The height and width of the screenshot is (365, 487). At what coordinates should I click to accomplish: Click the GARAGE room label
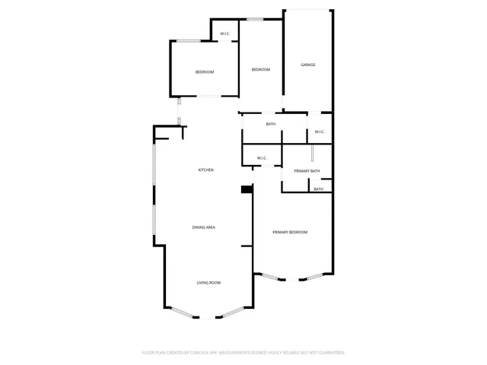click(307, 65)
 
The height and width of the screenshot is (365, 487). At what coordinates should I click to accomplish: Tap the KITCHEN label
click(205, 170)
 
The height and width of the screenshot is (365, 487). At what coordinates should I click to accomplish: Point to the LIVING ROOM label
click(208, 283)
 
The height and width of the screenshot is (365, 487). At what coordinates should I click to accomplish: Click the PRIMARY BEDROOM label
click(290, 232)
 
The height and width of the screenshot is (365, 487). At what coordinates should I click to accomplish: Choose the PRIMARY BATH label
click(307, 171)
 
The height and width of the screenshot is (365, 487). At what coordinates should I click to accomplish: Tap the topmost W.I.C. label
click(225, 33)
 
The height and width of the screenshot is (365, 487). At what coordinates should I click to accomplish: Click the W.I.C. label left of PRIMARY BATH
click(261, 158)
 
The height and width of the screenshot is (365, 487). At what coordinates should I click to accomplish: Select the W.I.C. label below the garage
click(319, 132)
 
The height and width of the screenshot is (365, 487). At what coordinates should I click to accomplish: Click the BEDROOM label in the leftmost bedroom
click(205, 72)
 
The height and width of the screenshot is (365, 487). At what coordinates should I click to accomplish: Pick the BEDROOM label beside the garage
click(261, 69)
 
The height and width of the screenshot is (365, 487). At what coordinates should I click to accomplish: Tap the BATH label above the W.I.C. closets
click(271, 124)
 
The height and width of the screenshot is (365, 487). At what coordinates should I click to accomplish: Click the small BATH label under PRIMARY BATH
click(319, 189)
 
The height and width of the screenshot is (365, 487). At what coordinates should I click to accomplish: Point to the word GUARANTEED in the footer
click(330, 353)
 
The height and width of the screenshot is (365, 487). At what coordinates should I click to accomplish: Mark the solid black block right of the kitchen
click(247, 190)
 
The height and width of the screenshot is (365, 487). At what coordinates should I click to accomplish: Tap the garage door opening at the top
click(307, 10)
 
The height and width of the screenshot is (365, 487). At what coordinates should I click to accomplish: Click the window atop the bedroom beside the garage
click(254, 19)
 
